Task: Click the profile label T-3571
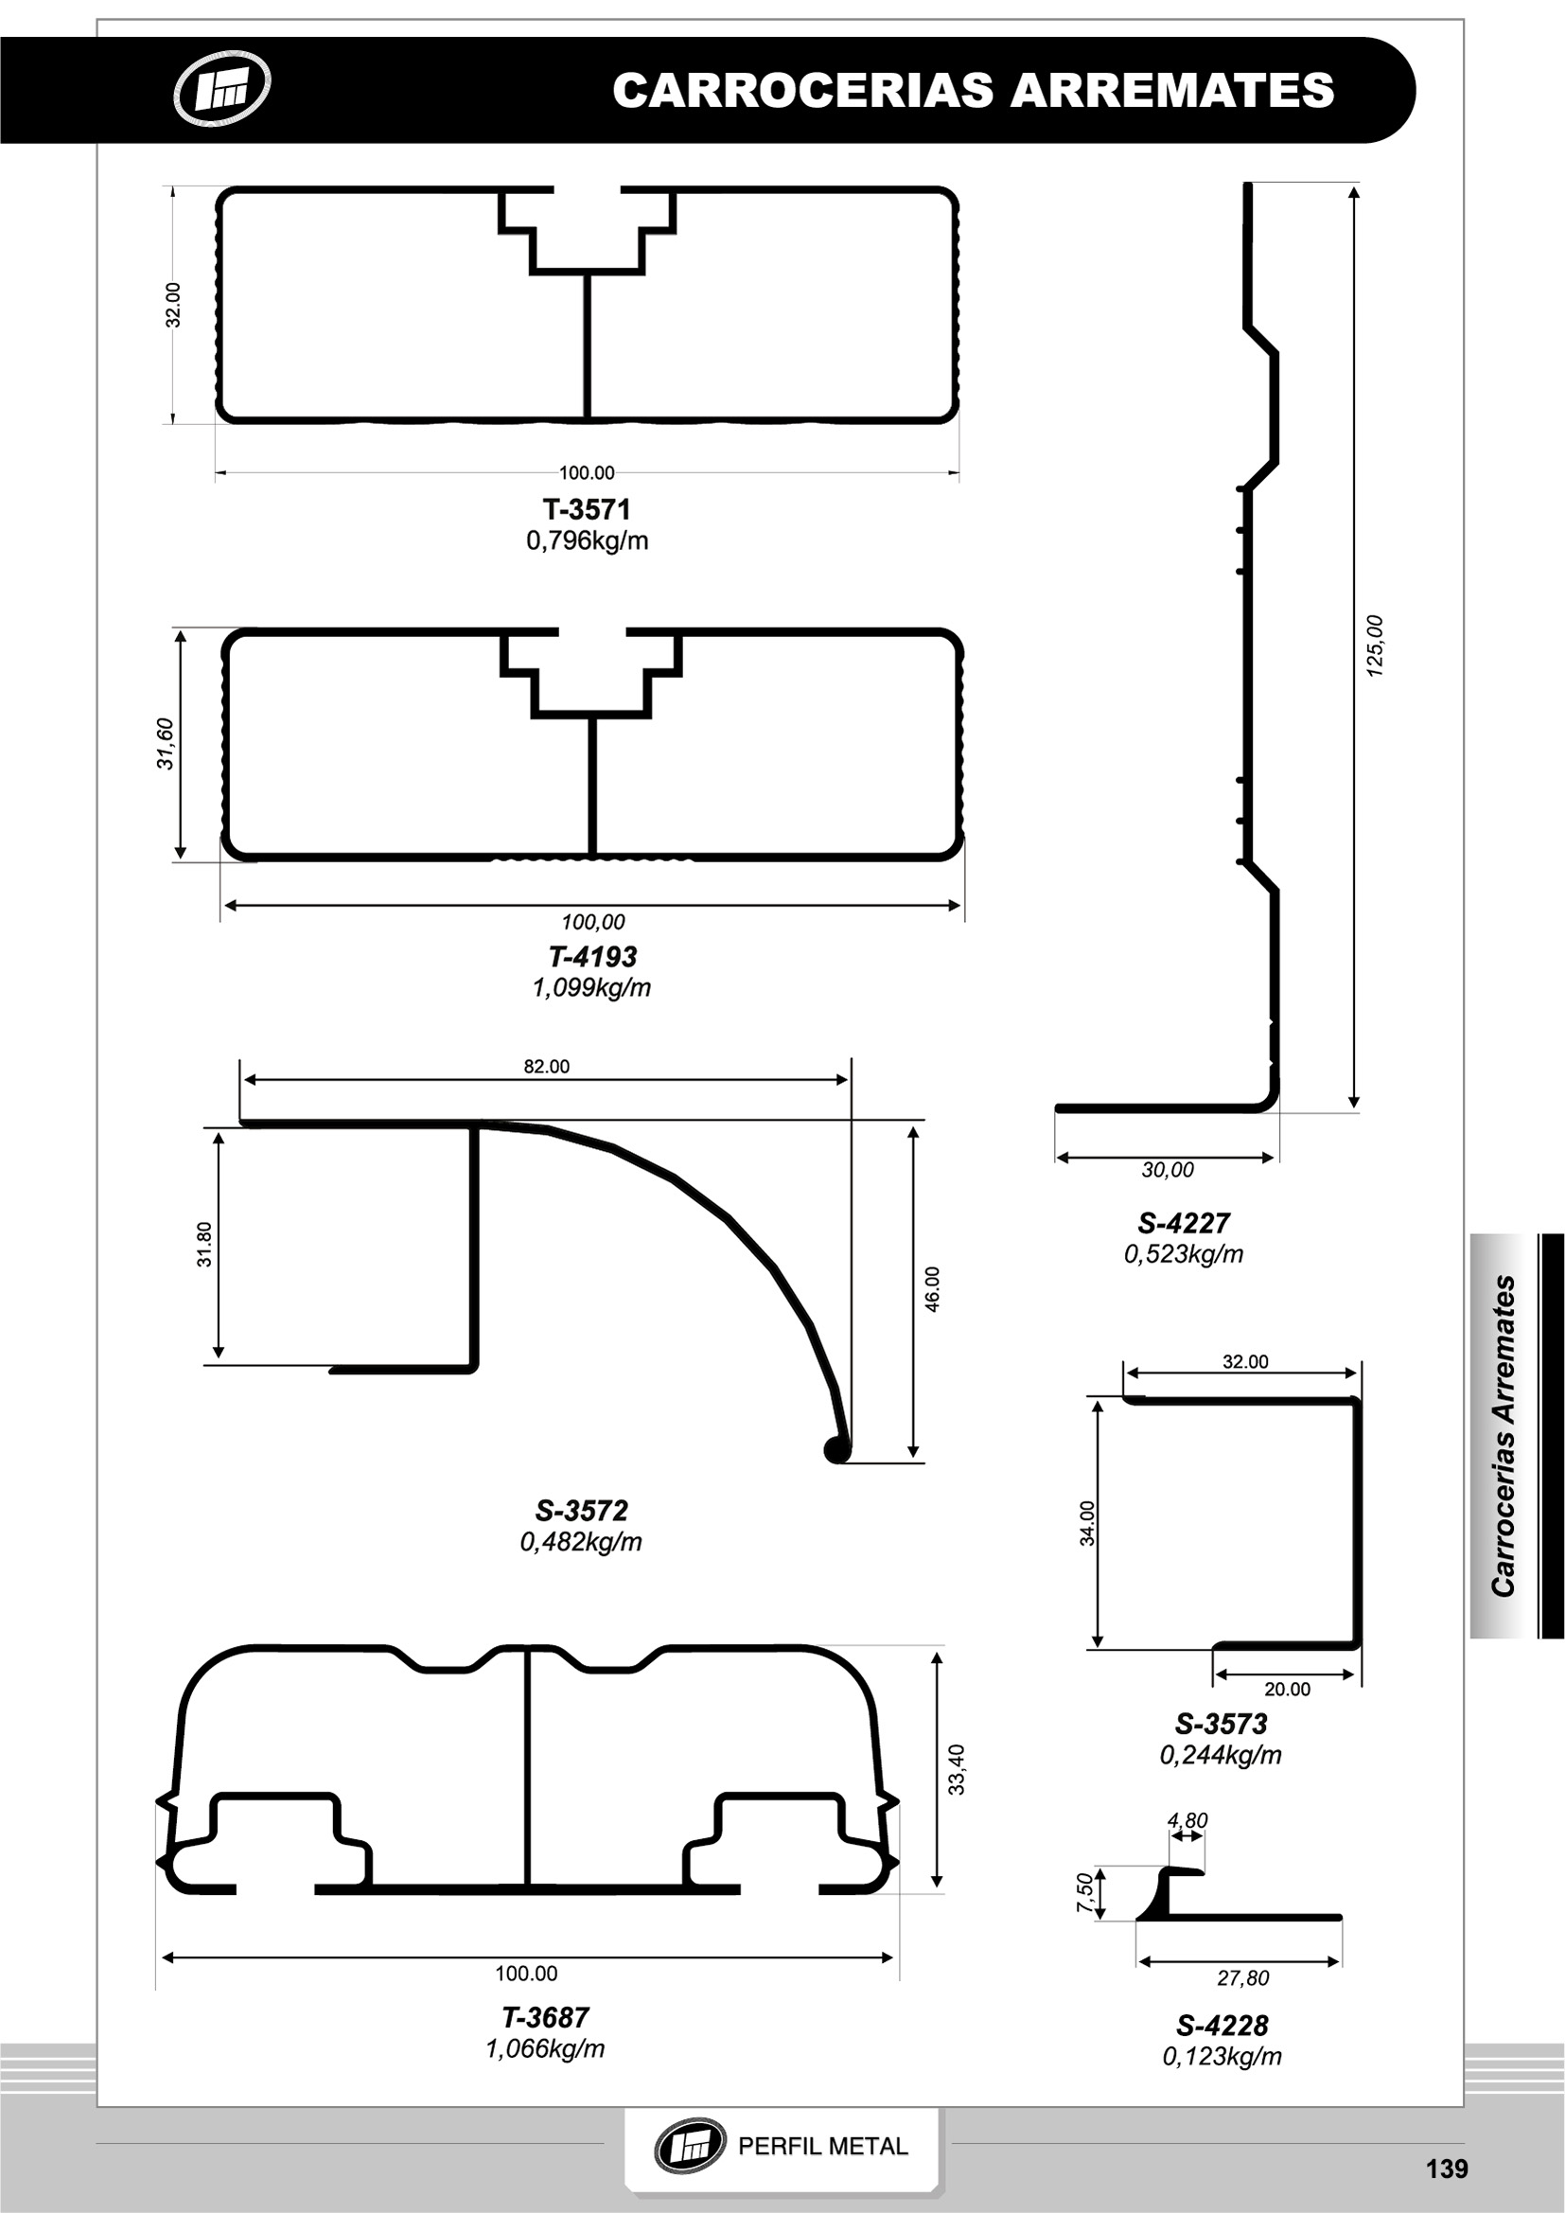pos(586,509)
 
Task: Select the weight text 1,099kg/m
pos(591,988)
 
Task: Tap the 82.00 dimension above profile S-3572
pos(546,1066)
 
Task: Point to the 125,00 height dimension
pos(1375,646)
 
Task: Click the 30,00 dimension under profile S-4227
pos(1167,1170)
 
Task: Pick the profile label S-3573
pos(1221,1724)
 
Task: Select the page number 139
pos(1447,2169)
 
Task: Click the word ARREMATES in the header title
pos(1171,91)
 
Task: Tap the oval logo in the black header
pos(221,90)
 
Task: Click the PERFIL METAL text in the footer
pos(822,2147)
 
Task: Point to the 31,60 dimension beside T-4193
pos(166,743)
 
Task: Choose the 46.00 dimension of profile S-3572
pos(932,1288)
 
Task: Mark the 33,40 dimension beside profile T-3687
pos(957,1770)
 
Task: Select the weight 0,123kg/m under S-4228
pos(1222,2057)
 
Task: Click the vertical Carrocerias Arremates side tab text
pos(1503,1436)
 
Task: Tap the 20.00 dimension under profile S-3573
pos(1288,1689)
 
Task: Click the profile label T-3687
pos(545,2017)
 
